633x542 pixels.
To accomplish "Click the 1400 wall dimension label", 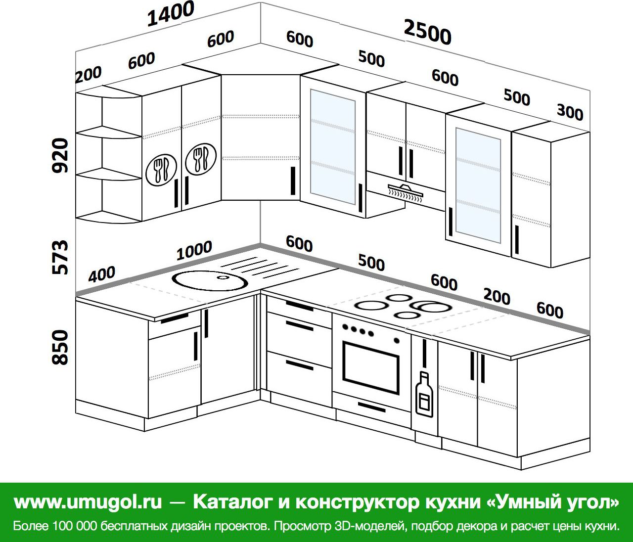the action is coord(171,14).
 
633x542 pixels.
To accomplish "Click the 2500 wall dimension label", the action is coord(428,32).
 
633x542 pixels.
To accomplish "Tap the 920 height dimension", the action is coord(60,155).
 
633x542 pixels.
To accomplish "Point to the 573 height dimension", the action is coord(60,258).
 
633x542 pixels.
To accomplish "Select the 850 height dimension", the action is coord(60,347).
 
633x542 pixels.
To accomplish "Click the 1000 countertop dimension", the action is coord(194,250).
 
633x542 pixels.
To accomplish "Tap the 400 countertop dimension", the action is coord(102,274).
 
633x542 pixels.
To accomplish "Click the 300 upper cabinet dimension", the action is coord(570,112).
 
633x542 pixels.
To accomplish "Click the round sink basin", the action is coord(210,280).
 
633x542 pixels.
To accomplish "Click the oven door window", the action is coord(371,368).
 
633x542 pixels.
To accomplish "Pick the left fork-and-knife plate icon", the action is coord(161,169).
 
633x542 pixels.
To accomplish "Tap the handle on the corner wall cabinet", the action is coord(293,181).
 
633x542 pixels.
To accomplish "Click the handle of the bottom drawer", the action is coord(299,365).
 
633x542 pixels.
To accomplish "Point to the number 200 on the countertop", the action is coord(497,296).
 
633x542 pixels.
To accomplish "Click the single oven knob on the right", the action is coord(397,340).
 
